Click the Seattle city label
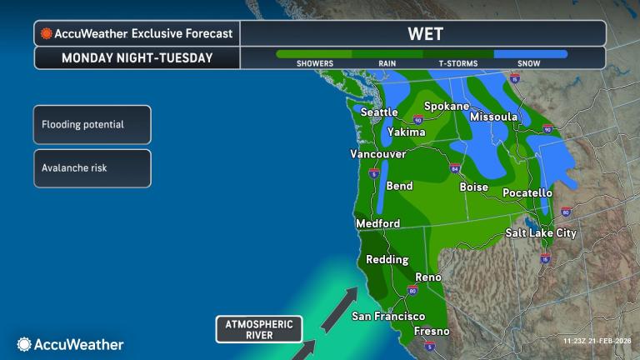point(380,112)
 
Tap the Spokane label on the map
point(447,106)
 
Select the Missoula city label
point(494,117)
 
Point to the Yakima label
point(407,132)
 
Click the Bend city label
point(399,186)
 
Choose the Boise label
point(473,187)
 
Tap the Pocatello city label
point(527,193)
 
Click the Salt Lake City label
point(541,233)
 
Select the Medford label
point(377,223)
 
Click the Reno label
point(428,276)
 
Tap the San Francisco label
point(388,316)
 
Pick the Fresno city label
point(432,331)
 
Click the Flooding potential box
point(92,125)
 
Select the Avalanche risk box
point(92,167)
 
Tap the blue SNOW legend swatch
point(530,54)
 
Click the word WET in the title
point(425,34)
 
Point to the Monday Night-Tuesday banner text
point(137,58)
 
